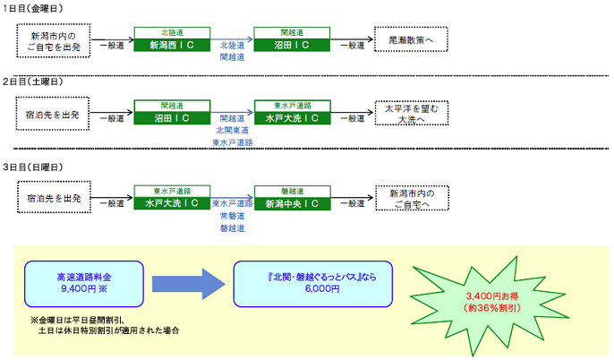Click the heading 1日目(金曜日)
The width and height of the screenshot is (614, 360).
pyautogui.click(x=38, y=7)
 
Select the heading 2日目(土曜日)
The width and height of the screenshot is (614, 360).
pyautogui.click(x=38, y=82)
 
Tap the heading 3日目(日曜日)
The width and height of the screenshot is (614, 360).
pyautogui.click(x=38, y=167)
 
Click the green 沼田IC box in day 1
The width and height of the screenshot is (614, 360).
pyautogui.click(x=291, y=43)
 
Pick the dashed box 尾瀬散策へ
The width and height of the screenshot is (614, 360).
pyautogui.click(x=411, y=41)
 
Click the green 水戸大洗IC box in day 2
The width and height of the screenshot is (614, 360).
pyautogui.click(x=291, y=116)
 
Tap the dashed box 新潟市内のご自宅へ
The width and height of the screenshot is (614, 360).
pyautogui.click(x=411, y=199)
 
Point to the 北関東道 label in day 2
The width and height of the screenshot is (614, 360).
pyautogui.click(x=231, y=130)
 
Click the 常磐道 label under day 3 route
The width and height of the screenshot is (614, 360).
pyautogui.click(x=231, y=216)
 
